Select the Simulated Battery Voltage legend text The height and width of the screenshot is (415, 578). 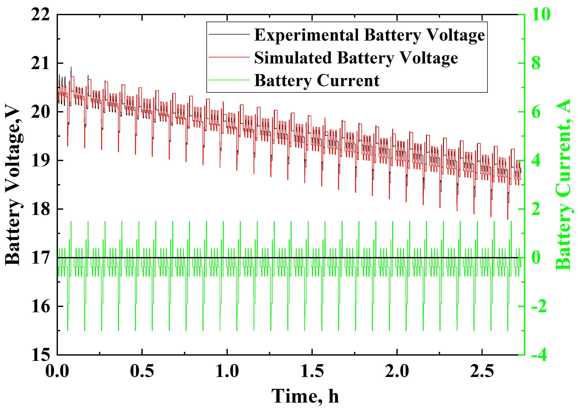(356, 58)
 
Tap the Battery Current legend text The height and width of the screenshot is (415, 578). (317, 81)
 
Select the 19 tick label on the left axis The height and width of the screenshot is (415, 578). (40, 161)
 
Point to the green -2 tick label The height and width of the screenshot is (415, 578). (539, 306)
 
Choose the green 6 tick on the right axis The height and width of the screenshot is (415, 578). (536, 112)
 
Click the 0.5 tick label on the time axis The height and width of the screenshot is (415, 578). (142, 371)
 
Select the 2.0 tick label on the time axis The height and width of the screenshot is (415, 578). (397, 371)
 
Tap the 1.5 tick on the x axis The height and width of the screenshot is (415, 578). (312, 371)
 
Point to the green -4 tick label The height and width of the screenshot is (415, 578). (539, 355)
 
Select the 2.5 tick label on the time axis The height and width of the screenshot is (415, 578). (482, 371)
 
